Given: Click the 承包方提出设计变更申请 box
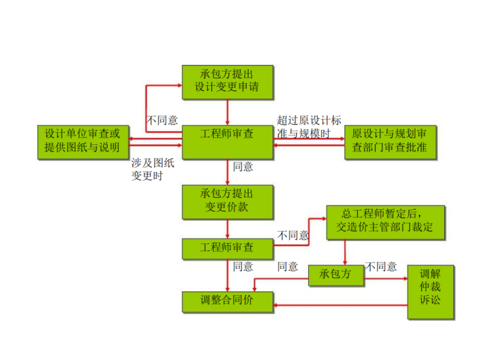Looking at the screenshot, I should pos(227,81).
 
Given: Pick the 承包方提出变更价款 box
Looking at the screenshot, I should pos(227,201).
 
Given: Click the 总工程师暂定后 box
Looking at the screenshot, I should pos(385,221).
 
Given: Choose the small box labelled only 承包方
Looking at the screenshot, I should pos(337,275).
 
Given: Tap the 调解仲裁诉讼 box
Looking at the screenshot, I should pos(430,292).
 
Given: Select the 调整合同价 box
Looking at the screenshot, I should pos(227,301).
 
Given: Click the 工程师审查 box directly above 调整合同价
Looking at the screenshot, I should pos(227,248).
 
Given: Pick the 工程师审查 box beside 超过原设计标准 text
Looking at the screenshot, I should pos(227,141).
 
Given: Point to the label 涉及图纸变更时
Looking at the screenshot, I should pos(153,169).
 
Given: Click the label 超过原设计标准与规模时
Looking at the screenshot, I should pos(309,126).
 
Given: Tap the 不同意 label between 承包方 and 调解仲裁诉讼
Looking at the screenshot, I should pos(381,267).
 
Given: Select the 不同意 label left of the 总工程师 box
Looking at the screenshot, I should pos(293,235).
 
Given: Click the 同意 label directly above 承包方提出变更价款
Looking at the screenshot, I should pos(243,167).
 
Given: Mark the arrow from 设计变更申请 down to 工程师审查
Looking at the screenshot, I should pos(227,113).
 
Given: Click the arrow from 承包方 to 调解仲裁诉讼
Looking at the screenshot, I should pos(386,279).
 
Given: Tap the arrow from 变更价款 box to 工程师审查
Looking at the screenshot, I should pos(227,229).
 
